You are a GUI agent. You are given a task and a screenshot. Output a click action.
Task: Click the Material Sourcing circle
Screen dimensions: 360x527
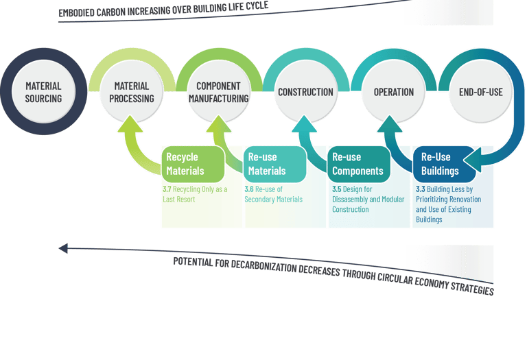coord(43,93)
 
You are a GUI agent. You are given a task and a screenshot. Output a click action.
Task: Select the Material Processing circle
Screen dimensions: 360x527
coord(131,93)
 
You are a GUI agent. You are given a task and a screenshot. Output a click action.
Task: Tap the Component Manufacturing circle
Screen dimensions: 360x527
coord(218,93)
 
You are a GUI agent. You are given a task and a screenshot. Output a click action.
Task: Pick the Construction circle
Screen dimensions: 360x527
coord(305,92)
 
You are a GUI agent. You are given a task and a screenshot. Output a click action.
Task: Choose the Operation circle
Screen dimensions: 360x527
coord(393,92)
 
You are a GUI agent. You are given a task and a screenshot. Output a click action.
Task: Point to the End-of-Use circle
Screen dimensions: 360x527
coord(480,92)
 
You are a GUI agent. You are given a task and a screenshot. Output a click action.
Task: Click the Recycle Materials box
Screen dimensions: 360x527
coord(193,163)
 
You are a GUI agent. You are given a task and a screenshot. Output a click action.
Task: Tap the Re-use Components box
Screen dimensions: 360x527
coord(355,163)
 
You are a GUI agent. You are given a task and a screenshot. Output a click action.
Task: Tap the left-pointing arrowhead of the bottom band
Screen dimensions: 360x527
coord(63,248)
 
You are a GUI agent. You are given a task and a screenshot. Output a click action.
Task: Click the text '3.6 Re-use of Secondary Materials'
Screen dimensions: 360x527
coord(274,195)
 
